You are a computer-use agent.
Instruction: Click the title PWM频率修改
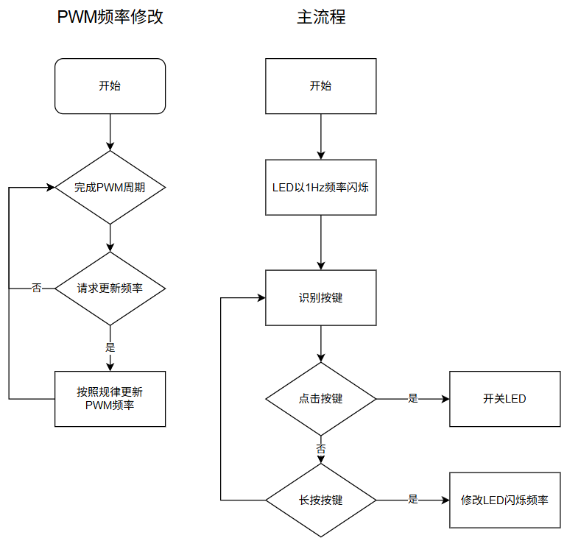point(110,17)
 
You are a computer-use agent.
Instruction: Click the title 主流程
point(321,17)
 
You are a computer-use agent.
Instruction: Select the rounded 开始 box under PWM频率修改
point(110,86)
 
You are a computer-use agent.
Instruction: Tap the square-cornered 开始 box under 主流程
point(321,86)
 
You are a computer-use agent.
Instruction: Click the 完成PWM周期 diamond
point(110,188)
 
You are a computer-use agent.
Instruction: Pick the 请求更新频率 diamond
point(110,289)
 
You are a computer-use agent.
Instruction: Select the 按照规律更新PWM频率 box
point(110,399)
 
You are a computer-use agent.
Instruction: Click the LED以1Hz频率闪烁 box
point(321,188)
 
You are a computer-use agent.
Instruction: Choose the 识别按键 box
point(321,298)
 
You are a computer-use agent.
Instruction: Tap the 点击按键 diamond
point(321,399)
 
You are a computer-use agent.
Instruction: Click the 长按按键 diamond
point(321,500)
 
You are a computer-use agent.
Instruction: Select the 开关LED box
point(505,399)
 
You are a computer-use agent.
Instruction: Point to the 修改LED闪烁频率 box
point(505,500)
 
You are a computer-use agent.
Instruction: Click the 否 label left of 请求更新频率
point(37,288)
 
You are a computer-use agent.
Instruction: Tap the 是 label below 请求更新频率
point(110,347)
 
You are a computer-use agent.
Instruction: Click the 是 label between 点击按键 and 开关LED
point(413,398)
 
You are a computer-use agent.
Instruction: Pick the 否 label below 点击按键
point(321,449)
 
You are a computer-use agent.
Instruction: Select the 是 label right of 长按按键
point(413,499)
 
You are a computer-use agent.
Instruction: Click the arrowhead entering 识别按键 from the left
point(261,298)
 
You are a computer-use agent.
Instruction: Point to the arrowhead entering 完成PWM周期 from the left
point(51,188)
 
